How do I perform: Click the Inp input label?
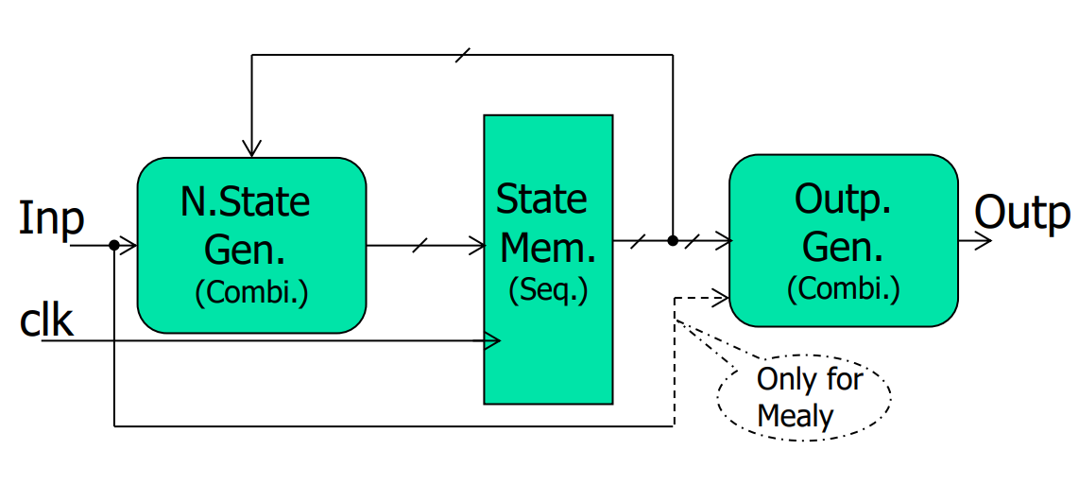(x=51, y=219)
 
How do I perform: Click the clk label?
(x=46, y=321)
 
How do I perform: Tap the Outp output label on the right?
(x=1022, y=213)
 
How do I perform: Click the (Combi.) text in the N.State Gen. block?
(x=251, y=293)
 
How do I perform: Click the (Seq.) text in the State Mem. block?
(x=548, y=290)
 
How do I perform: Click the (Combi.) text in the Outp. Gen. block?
(x=843, y=289)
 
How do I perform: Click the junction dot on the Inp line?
(x=113, y=246)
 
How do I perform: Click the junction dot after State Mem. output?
(x=673, y=241)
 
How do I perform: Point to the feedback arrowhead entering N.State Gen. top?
(x=251, y=148)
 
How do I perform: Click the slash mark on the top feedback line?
(x=463, y=55)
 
